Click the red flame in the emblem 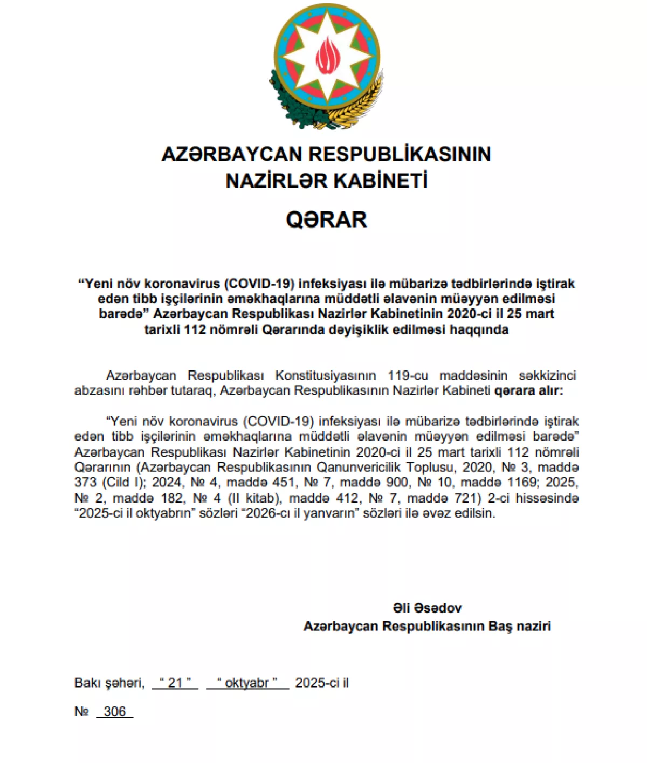(x=327, y=56)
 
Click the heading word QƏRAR (x=326, y=219)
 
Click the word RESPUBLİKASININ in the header (x=400, y=154)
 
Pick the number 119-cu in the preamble (x=408, y=375)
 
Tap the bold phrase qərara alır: (x=528, y=390)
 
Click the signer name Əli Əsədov (x=427, y=608)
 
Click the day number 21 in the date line (x=175, y=683)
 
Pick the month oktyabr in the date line (x=247, y=683)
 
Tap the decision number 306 (x=114, y=711)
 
